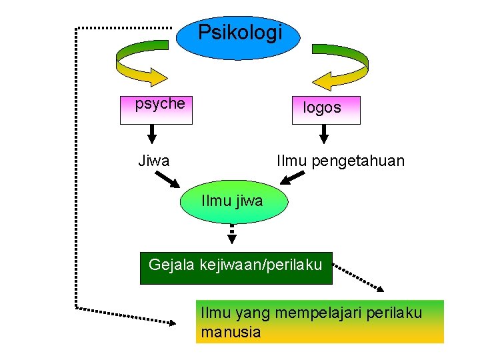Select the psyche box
[156, 110]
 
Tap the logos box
[326, 110]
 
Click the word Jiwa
[153, 161]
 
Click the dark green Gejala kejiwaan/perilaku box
[235, 267]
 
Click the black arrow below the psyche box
[151, 134]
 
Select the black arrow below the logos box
[324, 134]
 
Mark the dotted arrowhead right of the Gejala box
[379, 288]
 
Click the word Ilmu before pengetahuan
[291, 161]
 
